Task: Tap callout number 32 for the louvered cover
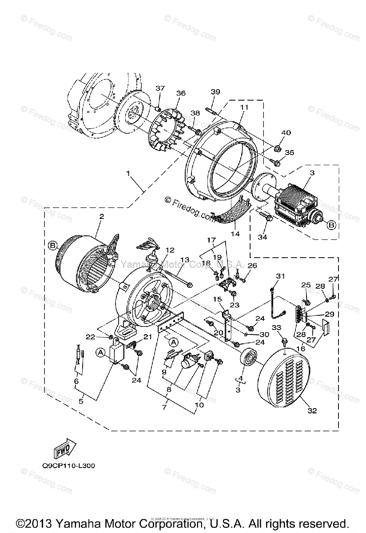[312, 411]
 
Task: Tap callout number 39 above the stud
[215, 92]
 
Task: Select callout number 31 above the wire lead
[279, 276]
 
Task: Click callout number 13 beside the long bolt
[184, 259]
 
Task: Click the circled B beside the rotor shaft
[331, 225]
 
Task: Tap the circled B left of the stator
[52, 245]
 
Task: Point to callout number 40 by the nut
[286, 133]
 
